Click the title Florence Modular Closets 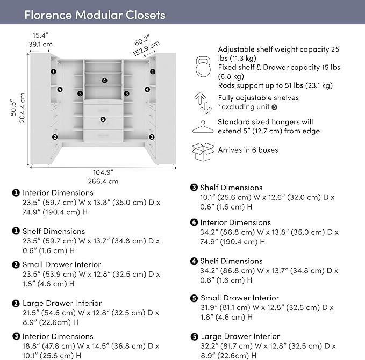(95, 15)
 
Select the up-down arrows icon (202, 103)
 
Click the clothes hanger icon (203, 127)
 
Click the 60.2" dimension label (141, 41)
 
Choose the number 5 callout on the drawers (103, 119)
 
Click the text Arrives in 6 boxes (248, 150)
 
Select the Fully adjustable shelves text (258, 98)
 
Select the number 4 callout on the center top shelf (104, 81)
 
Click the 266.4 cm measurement (103, 181)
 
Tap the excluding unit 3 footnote (251, 107)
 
